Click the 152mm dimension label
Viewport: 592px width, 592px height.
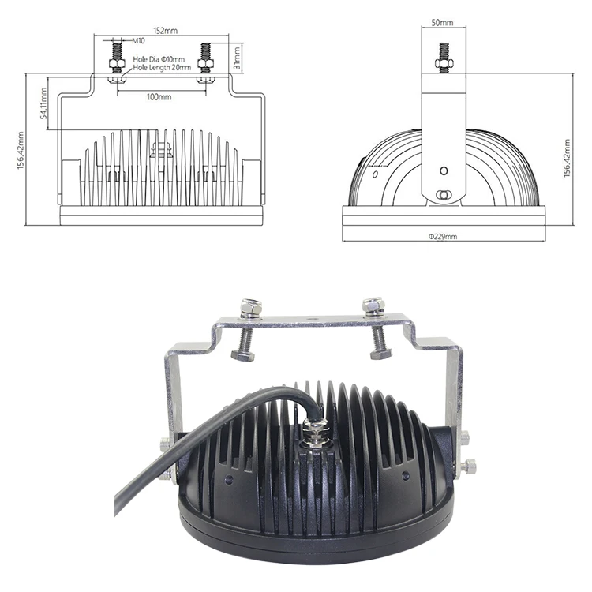(x=164, y=30)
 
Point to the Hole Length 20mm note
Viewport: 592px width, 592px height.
(x=161, y=68)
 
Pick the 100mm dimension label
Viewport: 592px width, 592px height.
(x=159, y=96)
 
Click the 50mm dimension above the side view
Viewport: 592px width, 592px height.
(x=442, y=23)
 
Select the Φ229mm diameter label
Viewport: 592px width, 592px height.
(x=443, y=236)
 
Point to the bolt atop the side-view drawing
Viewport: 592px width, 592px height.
(x=442, y=57)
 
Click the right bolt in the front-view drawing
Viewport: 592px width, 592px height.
(x=206, y=60)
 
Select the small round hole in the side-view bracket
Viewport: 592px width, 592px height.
(x=443, y=170)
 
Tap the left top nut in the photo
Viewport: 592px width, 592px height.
(x=252, y=306)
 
